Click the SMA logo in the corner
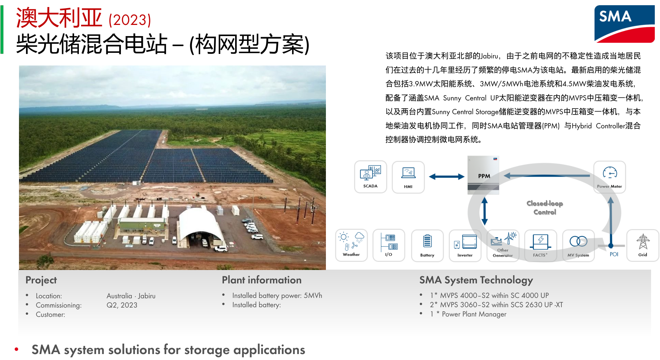(624, 24)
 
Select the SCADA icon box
(371, 177)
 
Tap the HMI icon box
(408, 177)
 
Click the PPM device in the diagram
(483, 175)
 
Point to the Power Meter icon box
(609, 177)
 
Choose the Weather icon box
(351, 245)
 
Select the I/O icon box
(389, 245)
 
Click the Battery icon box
(427, 245)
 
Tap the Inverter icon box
(465, 245)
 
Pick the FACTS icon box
(540, 245)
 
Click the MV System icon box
(578, 245)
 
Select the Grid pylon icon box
(643, 245)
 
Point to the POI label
(614, 254)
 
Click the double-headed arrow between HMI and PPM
(446, 177)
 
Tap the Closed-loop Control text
(545, 208)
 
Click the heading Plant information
(262, 280)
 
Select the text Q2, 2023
(122, 305)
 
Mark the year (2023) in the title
(130, 20)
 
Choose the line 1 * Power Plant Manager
(468, 314)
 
